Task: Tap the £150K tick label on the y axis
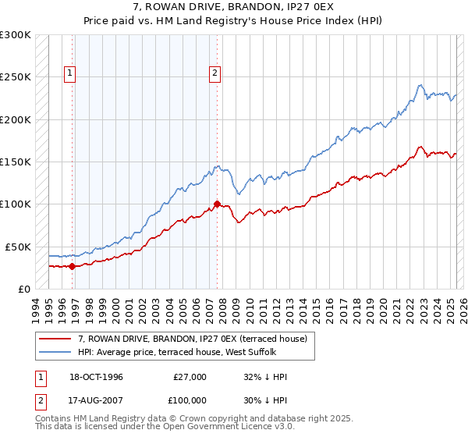(x=15, y=162)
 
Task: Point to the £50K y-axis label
(x=17, y=246)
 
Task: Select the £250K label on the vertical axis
(x=15, y=77)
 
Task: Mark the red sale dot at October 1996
(x=72, y=266)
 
